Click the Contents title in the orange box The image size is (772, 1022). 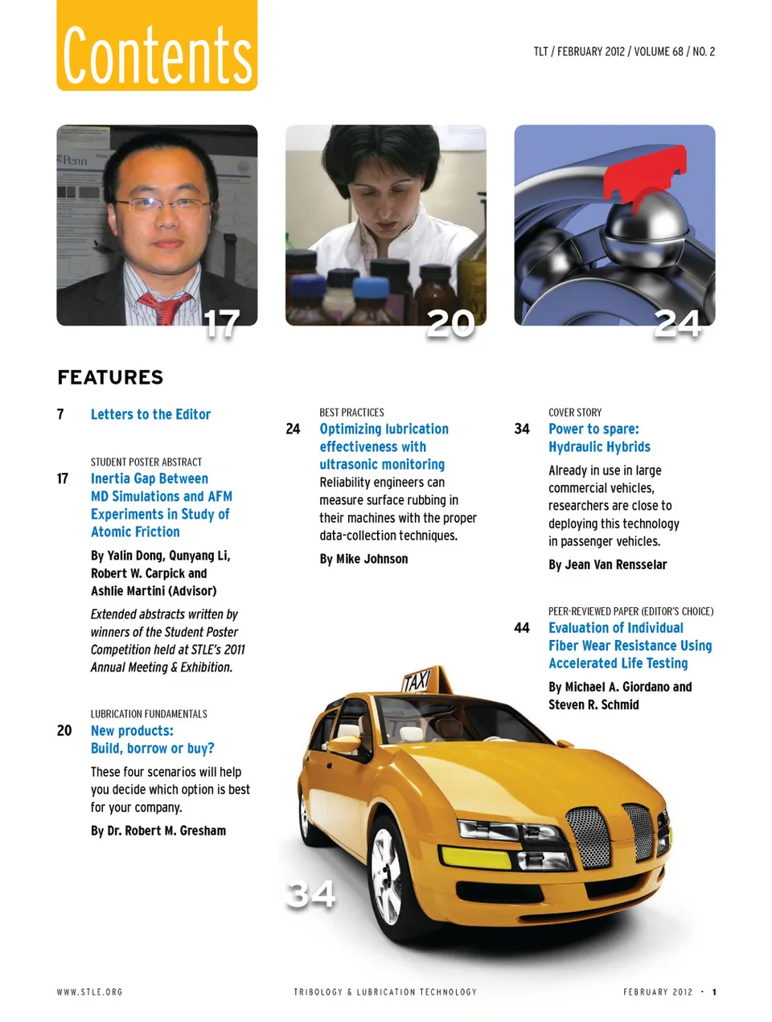[x=157, y=55]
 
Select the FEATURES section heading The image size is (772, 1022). [x=110, y=377]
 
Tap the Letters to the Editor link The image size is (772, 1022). [x=150, y=414]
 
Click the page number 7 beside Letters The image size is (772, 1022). [x=60, y=414]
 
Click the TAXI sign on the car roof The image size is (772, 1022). [x=417, y=681]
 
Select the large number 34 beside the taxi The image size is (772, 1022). [x=311, y=893]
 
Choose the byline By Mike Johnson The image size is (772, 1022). [x=363, y=559]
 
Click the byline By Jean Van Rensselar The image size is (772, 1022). [x=607, y=564]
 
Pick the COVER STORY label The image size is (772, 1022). [x=575, y=412]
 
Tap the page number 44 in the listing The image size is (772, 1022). [x=522, y=628]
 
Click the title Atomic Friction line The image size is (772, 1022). [x=135, y=532]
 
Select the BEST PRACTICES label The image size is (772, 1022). [x=351, y=412]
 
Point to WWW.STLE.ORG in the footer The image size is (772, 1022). [x=89, y=992]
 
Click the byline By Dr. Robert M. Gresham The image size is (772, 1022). [x=158, y=831]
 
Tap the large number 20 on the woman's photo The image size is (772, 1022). [x=450, y=322]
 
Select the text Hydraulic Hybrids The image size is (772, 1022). [x=599, y=447]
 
